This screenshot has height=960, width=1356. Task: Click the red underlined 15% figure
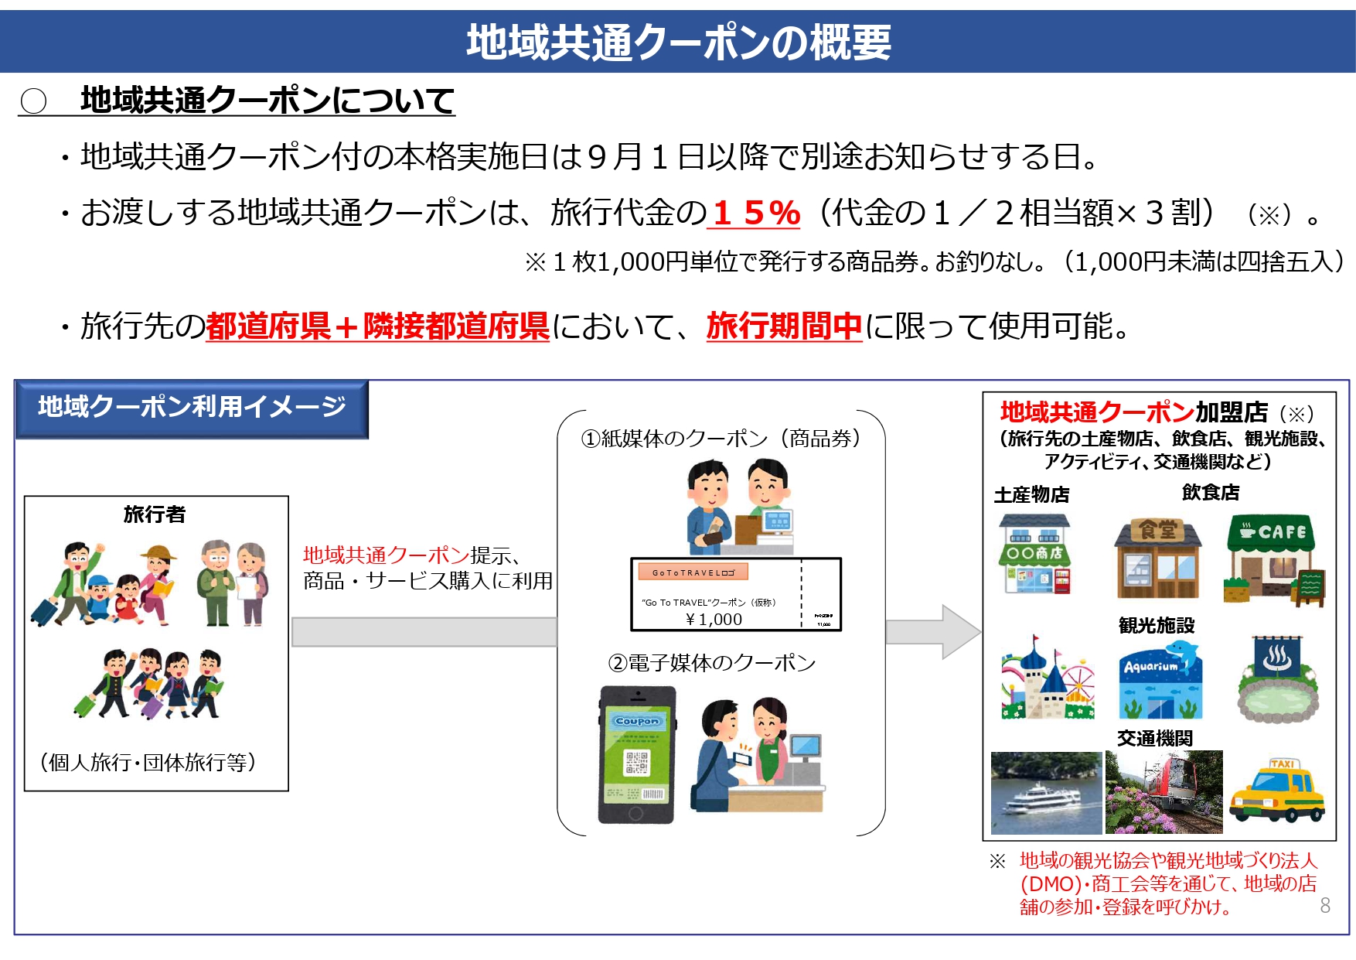click(756, 213)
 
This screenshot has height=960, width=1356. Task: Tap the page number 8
click(1325, 905)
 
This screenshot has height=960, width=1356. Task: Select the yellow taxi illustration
click(1277, 791)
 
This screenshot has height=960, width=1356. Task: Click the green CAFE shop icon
click(1273, 559)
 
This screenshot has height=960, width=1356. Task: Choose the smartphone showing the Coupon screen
click(636, 754)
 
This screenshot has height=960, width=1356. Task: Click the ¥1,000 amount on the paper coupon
click(713, 619)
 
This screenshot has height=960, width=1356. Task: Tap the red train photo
click(1164, 791)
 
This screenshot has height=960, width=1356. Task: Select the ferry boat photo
click(1046, 793)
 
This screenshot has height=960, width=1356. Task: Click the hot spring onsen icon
click(1276, 681)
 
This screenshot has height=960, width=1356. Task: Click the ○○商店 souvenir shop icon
click(1034, 555)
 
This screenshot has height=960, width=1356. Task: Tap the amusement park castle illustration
click(1047, 678)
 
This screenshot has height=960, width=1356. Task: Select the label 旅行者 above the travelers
click(155, 514)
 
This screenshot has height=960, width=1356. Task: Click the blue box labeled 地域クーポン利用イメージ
click(192, 408)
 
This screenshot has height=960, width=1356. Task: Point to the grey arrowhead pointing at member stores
click(959, 632)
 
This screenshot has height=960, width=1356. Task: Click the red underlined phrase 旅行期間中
click(784, 326)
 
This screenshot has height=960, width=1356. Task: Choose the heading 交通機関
click(1155, 738)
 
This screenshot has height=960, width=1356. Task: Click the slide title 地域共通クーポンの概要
click(678, 42)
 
